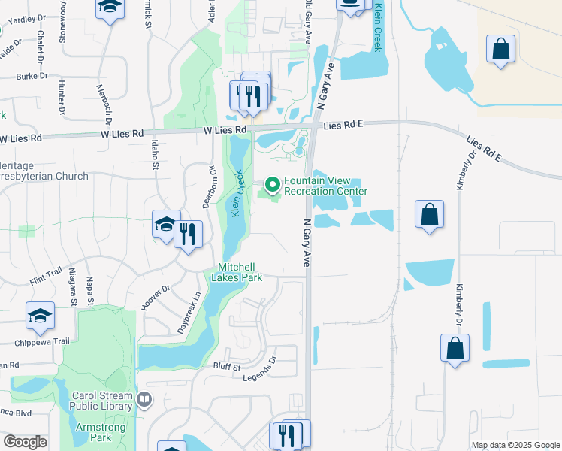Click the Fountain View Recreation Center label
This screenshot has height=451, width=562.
[x=325, y=186]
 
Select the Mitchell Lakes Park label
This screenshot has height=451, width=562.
[x=240, y=272]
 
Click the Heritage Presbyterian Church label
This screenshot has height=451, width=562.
[x=45, y=171]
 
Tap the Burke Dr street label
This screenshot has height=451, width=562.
[x=32, y=76]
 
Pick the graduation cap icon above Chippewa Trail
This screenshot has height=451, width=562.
[x=40, y=316]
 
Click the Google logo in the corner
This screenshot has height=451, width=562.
[x=25, y=442]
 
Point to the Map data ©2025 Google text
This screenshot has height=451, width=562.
[x=516, y=445]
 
